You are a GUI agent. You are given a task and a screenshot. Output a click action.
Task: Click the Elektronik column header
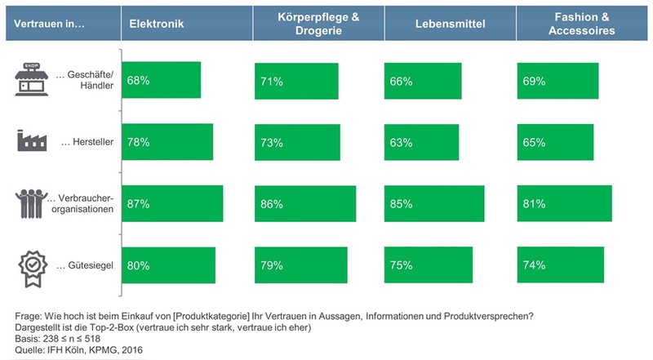155,24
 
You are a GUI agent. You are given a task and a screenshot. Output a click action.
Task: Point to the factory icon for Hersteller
30,140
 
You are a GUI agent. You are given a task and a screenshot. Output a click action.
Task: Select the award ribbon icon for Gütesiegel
30,265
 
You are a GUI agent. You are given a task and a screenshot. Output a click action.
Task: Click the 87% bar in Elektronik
171,204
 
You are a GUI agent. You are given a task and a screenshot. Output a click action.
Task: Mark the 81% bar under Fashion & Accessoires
563,204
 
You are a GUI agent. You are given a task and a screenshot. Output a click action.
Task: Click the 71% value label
273,81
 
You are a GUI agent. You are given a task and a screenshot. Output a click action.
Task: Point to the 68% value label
139,81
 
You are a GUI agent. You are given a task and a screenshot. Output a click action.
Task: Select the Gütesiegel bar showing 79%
301,265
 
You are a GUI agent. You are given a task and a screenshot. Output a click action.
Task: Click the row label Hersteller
83,142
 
